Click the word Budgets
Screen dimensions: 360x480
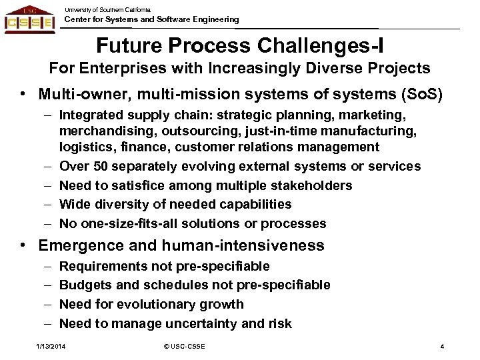pyautogui.click(x=83, y=285)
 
